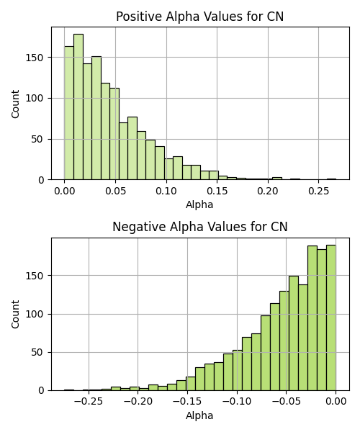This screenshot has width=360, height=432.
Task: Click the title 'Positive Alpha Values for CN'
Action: [199, 17]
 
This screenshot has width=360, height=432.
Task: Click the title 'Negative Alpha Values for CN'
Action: [199, 227]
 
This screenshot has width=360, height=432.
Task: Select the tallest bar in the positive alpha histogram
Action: [78, 107]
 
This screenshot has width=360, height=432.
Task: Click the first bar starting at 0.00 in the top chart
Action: [69, 113]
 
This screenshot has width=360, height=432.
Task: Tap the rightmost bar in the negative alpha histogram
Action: [331, 318]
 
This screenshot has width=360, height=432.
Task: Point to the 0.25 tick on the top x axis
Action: [319, 191]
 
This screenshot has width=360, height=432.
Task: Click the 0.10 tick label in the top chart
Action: [166, 191]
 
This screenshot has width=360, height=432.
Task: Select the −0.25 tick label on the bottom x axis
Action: [89, 402]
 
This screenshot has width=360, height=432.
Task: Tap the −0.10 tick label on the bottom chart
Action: [237, 402]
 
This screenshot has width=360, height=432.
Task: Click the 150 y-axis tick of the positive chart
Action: [35, 58]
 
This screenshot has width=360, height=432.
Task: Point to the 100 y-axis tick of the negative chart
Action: [35, 314]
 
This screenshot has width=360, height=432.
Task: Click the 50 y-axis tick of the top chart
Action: [37, 140]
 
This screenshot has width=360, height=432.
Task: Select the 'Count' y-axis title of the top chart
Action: [15, 104]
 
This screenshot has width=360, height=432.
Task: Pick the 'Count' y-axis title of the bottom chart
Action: [15, 315]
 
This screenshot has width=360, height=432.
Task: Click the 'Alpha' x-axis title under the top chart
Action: [199, 204]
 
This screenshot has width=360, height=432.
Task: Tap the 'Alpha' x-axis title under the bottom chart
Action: [199, 415]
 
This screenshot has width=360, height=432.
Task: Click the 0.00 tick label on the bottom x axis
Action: [336, 402]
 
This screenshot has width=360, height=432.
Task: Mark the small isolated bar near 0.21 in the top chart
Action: [277, 179]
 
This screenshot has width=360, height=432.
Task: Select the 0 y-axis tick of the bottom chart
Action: [41, 390]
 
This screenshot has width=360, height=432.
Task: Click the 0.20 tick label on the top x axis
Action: [268, 191]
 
